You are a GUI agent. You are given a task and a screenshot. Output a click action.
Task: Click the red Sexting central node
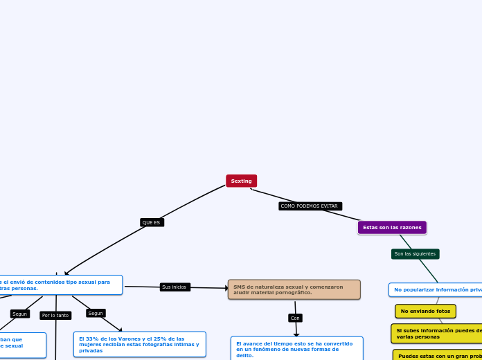point(241,181)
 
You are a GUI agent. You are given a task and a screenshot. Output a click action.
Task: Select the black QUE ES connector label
point(152,222)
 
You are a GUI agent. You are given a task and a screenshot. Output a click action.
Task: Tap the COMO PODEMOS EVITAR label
point(310,206)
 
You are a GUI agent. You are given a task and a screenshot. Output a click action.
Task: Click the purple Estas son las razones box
point(392,227)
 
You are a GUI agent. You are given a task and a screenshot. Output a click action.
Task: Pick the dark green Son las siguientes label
point(415,254)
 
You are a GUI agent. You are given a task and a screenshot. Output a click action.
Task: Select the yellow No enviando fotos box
point(425,312)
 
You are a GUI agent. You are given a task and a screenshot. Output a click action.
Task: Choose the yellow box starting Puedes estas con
point(438,355)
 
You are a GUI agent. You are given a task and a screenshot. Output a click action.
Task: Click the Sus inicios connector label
point(175,287)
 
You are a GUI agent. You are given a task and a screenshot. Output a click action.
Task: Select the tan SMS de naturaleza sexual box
point(294,289)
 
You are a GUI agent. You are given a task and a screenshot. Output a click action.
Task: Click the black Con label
point(295,318)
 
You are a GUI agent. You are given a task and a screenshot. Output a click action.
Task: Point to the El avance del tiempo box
point(296,348)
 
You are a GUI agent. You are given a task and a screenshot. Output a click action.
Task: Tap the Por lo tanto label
point(55,316)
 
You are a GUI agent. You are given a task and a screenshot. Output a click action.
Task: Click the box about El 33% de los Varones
point(139,344)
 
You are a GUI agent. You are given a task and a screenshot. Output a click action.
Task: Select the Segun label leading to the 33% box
point(96,313)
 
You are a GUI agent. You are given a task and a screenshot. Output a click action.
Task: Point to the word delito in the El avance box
point(244,355)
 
